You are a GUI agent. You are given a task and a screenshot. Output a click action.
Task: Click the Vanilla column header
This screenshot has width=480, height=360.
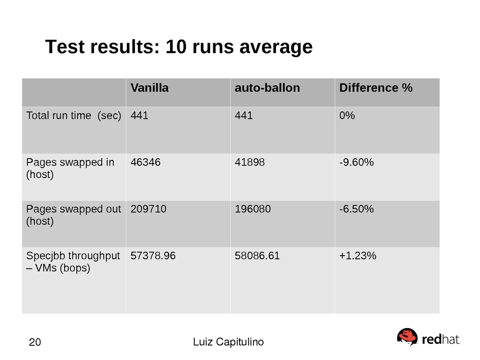pos(150,88)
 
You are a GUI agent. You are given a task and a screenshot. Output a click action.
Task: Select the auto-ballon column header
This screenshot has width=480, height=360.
pos(267,88)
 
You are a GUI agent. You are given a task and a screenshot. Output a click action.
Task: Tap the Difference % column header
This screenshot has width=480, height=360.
pos(376,88)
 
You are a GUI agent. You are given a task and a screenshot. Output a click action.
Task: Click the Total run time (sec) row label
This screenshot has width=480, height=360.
pos(74,116)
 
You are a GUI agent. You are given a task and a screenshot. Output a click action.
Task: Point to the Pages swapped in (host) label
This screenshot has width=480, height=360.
pos(70,168)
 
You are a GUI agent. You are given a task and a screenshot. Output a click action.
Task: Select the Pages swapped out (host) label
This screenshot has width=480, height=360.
pos(73,215)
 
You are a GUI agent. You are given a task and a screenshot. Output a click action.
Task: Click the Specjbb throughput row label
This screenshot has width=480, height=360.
pos(73,262)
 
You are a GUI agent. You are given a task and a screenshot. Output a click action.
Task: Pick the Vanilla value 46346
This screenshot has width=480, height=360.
pos(146,162)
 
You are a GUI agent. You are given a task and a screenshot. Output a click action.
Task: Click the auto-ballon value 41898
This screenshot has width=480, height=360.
pos(250,162)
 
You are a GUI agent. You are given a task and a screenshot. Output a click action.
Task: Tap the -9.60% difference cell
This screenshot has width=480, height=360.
pos(356,162)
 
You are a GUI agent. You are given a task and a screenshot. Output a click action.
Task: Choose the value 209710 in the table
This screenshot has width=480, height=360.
pos(148,209)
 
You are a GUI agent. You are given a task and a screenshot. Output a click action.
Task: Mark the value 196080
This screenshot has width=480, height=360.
pos(252,209)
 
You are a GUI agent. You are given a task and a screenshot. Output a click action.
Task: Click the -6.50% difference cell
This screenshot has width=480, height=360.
pos(356,209)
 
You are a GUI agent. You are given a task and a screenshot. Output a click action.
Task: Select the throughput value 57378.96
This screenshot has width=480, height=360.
pos(153,256)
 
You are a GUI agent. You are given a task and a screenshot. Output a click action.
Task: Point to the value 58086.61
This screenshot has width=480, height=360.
pos(257,256)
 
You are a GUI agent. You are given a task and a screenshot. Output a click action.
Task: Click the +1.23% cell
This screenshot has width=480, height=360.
pos(358,256)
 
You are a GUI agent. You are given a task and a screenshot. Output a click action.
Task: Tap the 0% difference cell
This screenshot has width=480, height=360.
pos(347,116)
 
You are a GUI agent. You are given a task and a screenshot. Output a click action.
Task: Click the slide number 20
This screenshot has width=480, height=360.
pos(35,342)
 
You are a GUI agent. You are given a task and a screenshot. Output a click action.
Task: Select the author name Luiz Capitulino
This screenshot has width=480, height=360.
pos(228,342)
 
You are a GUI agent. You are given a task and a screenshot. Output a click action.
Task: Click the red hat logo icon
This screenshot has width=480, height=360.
pos(407,337)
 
